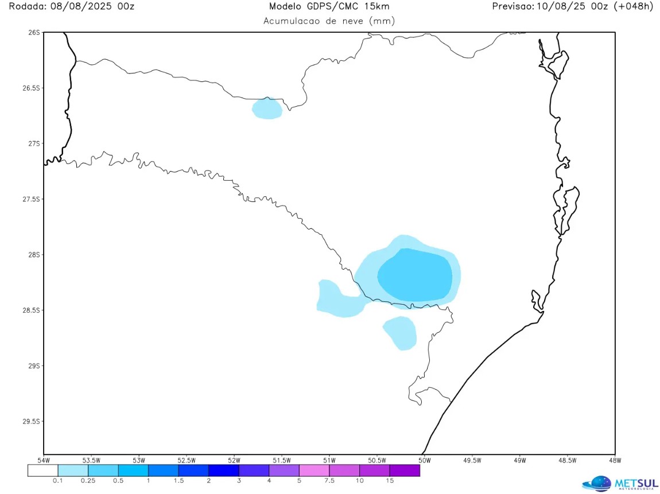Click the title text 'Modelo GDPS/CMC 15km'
(x=329, y=6)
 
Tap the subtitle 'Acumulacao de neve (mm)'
(x=329, y=21)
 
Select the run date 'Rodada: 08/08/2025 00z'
(x=68, y=6)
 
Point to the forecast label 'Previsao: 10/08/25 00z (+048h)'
(x=573, y=6)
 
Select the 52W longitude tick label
(x=234, y=460)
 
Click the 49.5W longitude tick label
(x=472, y=460)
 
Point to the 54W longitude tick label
(x=44, y=460)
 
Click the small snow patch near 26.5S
(x=267, y=108)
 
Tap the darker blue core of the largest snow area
(x=414, y=275)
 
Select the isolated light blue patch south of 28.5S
(x=400, y=332)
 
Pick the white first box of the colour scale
(x=43, y=470)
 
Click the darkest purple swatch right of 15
(x=405, y=470)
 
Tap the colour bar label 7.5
(x=329, y=481)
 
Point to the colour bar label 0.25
(x=88, y=481)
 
